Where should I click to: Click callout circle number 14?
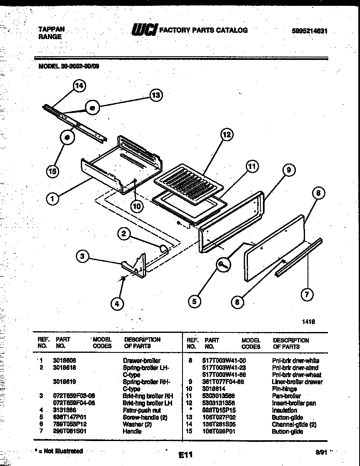point(78,86)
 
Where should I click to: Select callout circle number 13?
point(155,95)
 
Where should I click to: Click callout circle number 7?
point(307,295)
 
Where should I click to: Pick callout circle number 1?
point(52,199)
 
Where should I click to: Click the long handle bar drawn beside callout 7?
point(298,258)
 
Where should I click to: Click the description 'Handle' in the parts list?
point(132,431)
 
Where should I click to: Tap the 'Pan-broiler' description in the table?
point(286,396)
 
